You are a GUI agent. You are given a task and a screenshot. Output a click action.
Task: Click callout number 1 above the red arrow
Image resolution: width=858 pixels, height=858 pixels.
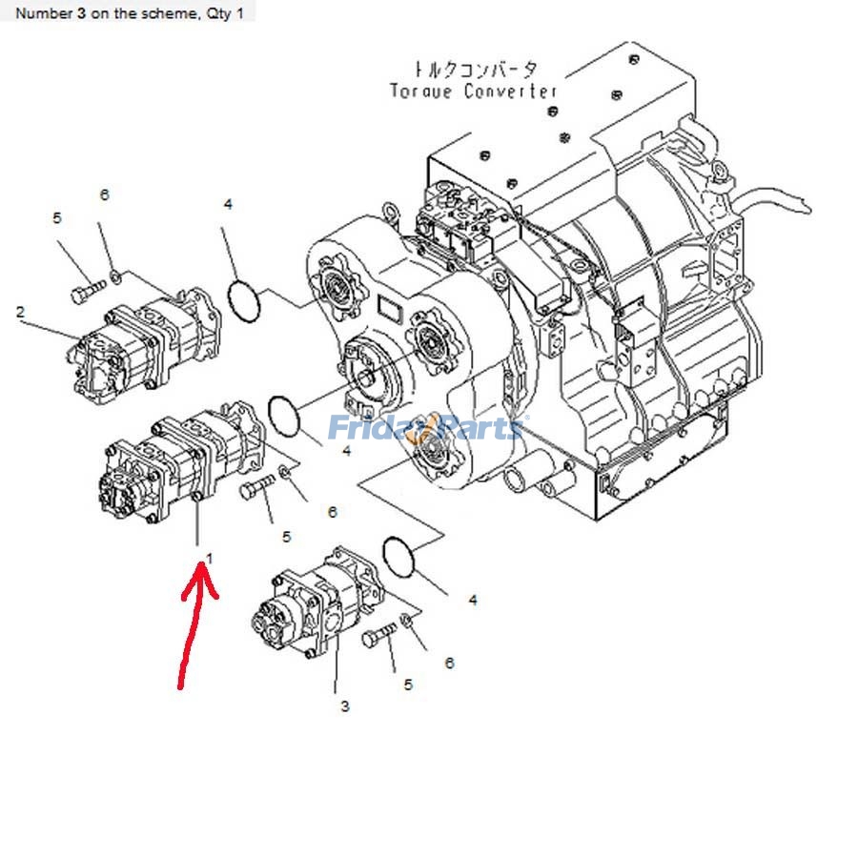[210, 557]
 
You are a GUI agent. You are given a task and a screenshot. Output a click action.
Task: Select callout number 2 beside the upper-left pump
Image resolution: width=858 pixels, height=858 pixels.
[20, 312]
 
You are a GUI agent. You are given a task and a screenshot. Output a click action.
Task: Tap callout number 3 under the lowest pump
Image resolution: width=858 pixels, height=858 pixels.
[344, 706]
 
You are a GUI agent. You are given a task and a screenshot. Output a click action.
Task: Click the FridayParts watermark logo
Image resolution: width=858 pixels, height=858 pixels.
[425, 428]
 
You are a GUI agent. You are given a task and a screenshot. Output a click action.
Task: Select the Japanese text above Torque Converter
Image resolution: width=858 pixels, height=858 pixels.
[474, 70]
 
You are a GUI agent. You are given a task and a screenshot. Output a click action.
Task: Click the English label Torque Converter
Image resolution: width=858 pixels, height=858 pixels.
[474, 92]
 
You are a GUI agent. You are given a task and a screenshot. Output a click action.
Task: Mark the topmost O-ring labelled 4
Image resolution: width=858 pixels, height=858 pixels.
[245, 301]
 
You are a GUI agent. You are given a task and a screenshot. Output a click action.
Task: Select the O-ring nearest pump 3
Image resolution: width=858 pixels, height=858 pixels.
[399, 556]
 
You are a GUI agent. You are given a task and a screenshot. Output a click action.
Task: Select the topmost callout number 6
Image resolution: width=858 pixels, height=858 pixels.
[105, 194]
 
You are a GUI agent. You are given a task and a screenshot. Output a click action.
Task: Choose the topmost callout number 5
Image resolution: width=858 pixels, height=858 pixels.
[57, 218]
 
